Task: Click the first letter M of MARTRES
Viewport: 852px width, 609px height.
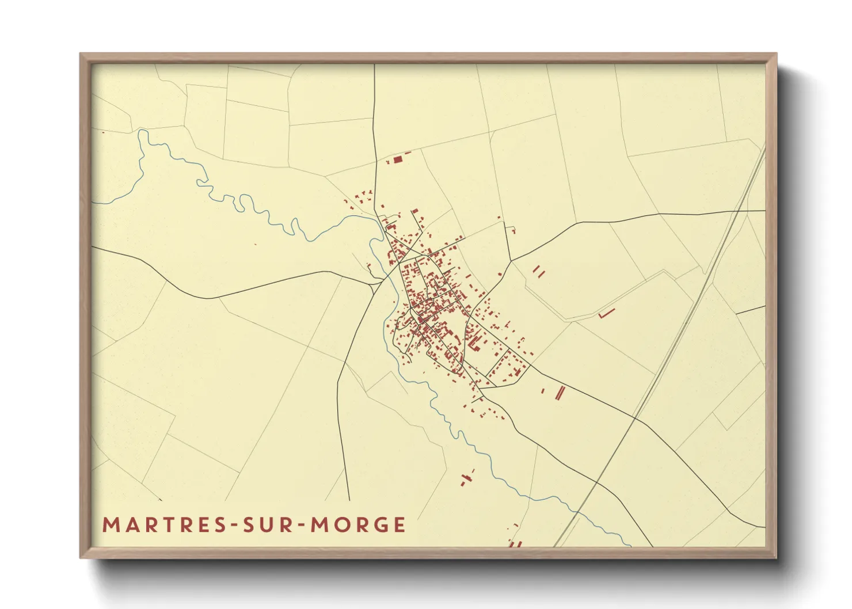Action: pyautogui.click(x=110, y=525)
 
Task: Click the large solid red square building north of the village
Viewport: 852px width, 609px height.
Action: pyautogui.click(x=398, y=159)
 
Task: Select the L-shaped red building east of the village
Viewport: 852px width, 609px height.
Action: pyautogui.click(x=606, y=314)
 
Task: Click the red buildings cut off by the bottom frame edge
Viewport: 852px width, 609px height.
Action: pyautogui.click(x=514, y=543)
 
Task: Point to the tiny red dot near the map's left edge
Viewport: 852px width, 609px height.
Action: pyautogui.click(x=103, y=132)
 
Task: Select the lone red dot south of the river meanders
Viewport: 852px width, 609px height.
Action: pyautogui.click(x=255, y=244)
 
